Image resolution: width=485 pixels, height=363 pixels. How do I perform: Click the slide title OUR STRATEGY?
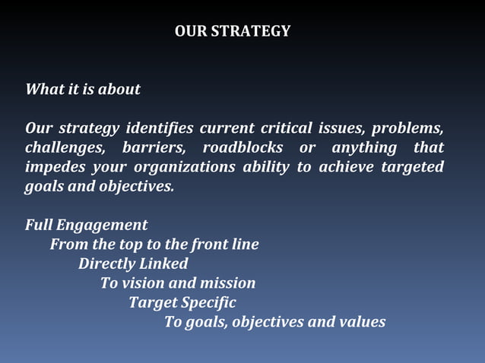pyautogui.click(x=232, y=31)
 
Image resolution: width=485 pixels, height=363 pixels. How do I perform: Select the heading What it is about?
pyautogui.click(x=83, y=89)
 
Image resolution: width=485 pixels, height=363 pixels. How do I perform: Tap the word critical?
pyautogui.click(x=285, y=127)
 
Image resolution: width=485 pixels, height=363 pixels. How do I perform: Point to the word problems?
pyautogui.click(x=407, y=127)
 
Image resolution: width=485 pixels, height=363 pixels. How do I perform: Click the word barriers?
pyautogui.click(x=152, y=147)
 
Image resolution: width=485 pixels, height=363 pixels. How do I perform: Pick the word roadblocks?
pyautogui.click(x=242, y=147)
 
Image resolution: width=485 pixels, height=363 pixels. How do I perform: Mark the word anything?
pyautogui.click(x=364, y=147)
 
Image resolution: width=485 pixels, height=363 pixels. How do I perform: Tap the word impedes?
pyautogui.click(x=52, y=166)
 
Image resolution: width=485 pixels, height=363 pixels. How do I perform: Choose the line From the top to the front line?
pyautogui.click(x=154, y=245)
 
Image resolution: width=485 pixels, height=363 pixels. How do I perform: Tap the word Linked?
pyautogui.click(x=163, y=264)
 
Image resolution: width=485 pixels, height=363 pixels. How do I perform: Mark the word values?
pyautogui.click(x=362, y=322)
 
